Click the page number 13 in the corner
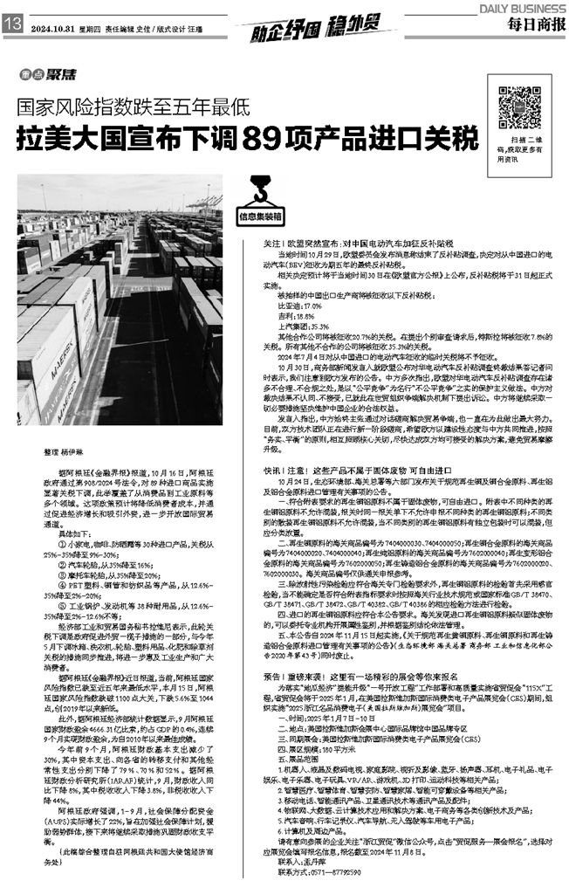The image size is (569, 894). click(13, 25)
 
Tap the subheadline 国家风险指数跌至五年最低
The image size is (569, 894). click(136, 110)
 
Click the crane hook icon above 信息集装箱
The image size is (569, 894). click(260, 189)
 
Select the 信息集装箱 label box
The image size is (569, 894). click(260, 213)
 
